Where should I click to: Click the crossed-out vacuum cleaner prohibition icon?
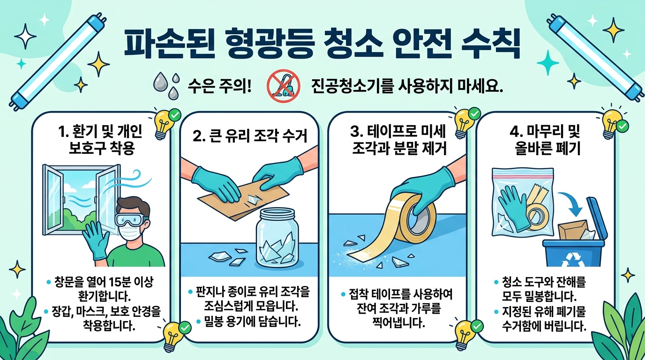pyautogui.click(x=283, y=85)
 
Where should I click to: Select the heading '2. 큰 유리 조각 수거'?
pyautogui.click(x=250, y=136)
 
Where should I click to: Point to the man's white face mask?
pyautogui.click(x=129, y=232)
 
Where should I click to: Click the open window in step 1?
pyautogui.click(x=82, y=200)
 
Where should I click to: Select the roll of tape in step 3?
pyautogui.click(x=415, y=217)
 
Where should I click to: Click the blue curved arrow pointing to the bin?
pyautogui.click(x=572, y=204)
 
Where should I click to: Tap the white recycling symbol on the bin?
pyautogui.click(x=571, y=259)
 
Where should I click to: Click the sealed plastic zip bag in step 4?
pyautogui.click(x=523, y=202)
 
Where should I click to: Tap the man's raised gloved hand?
pyautogui.click(x=97, y=242)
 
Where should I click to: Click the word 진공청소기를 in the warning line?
pyautogui.click(x=352, y=86)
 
